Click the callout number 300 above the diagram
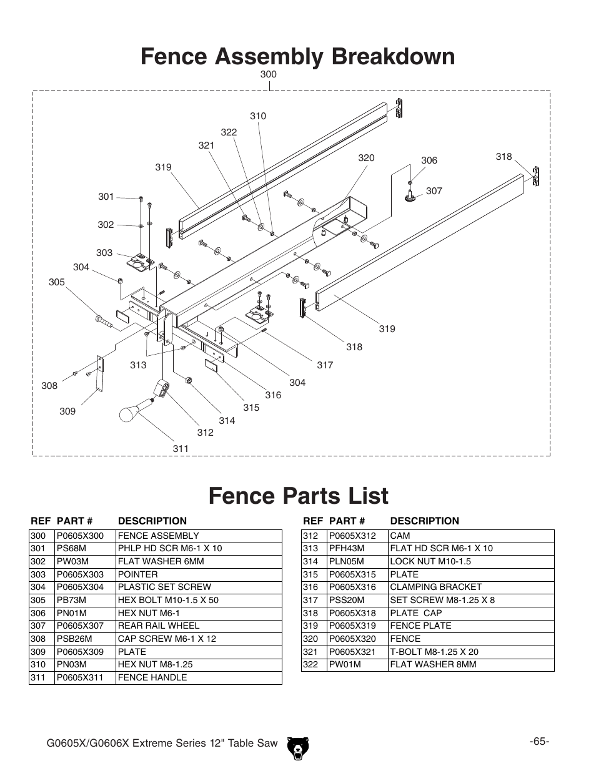[x=268, y=74]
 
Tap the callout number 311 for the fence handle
[x=181, y=448]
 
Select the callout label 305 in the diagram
[x=57, y=282]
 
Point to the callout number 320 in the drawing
[x=366, y=158]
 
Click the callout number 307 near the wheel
[x=434, y=191]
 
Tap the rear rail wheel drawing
[x=410, y=197]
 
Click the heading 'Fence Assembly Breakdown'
[x=298, y=56]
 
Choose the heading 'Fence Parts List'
[x=298, y=496]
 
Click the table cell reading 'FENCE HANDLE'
[x=152, y=677]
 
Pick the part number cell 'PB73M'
[x=71, y=600]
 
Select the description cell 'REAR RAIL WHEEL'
[x=159, y=626]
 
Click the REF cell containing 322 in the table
[x=310, y=664]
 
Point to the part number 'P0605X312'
[x=352, y=536]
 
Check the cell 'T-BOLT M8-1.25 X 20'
[x=434, y=652]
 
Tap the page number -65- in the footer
[x=539, y=741]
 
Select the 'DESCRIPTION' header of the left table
[x=152, y=521]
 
